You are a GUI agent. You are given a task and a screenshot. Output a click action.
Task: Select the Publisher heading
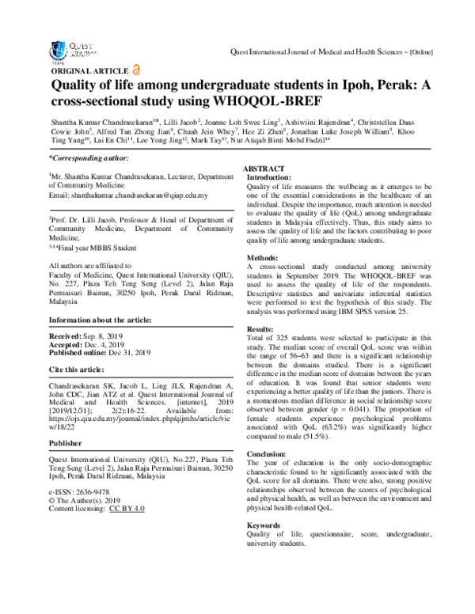tap(67, 465)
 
